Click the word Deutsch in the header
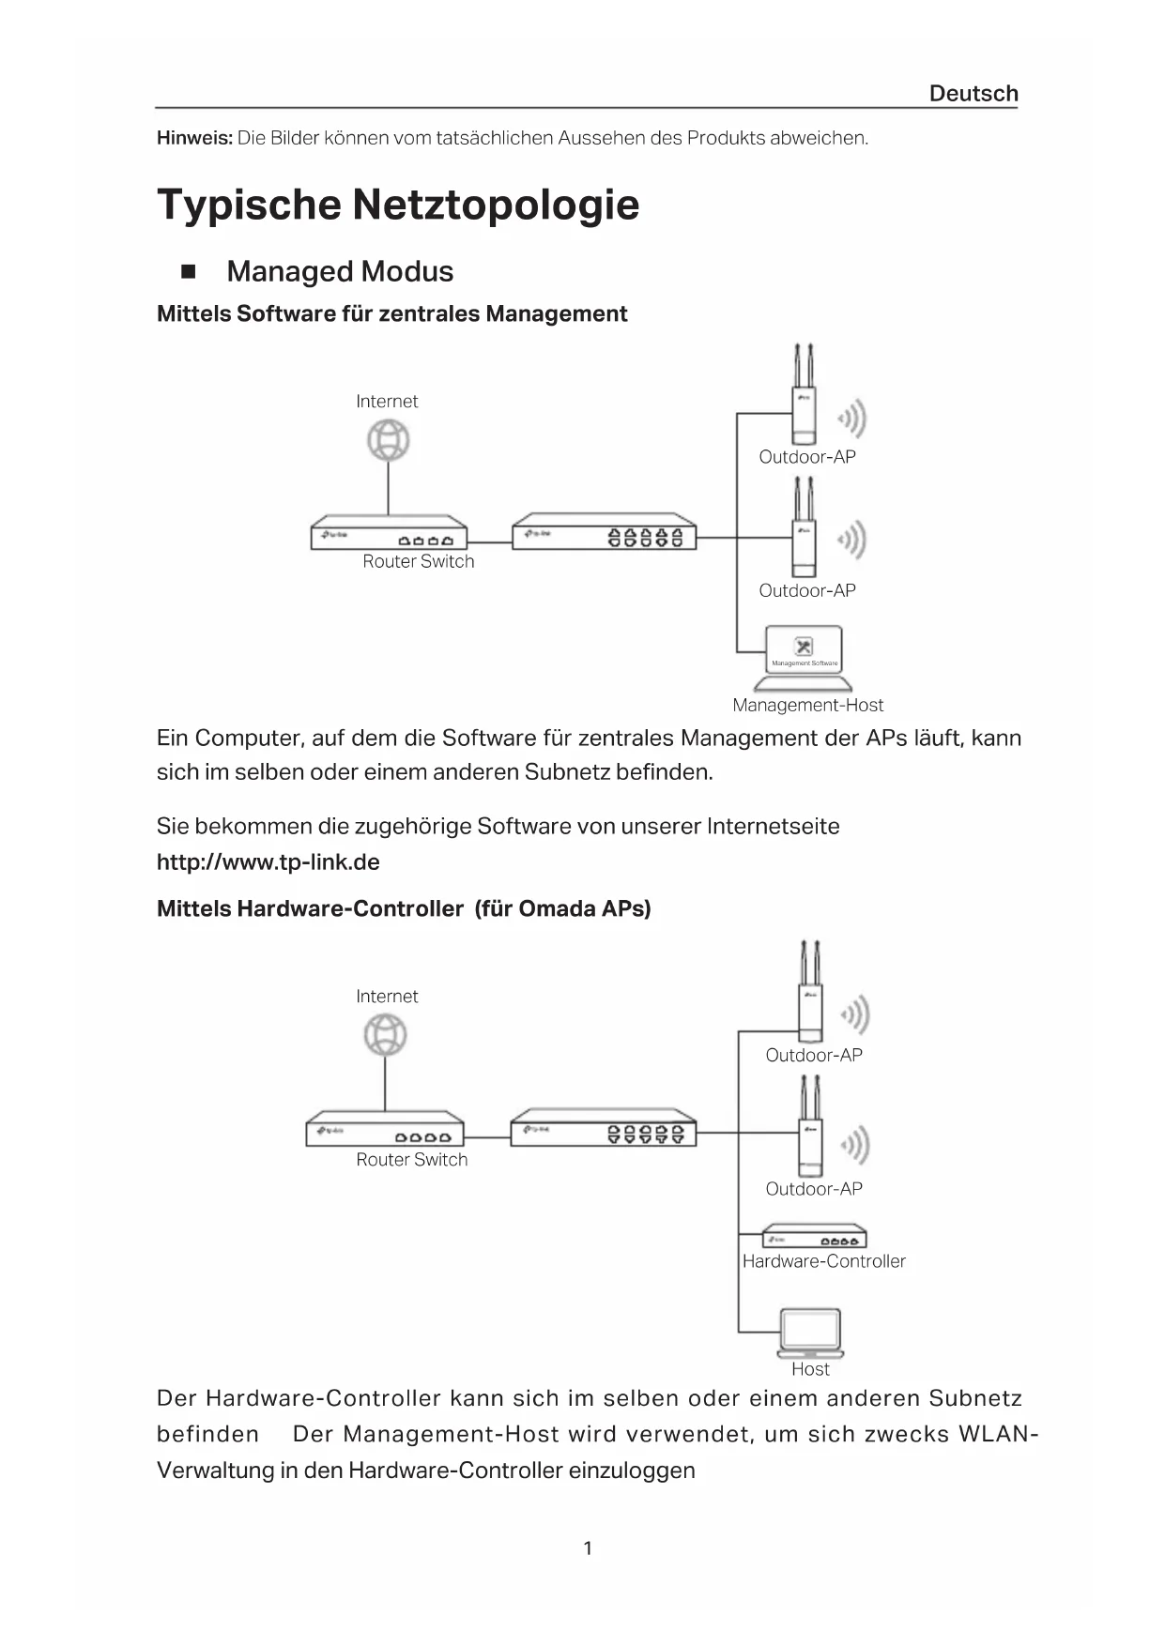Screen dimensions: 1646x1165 tap(973, 94)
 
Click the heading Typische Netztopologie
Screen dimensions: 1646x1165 tap(398, 205)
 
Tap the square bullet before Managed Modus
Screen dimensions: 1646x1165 tap(188, 272)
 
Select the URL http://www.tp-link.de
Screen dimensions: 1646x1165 tap(268, 862)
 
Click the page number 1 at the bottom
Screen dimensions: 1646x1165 tap(588, 1548)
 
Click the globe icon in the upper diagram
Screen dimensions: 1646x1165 tap(389, 440)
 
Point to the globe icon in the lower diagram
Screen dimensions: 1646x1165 tap(385, 1035)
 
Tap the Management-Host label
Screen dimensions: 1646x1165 tap(807, 705)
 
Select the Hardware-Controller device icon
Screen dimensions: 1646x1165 tap(814, 1236)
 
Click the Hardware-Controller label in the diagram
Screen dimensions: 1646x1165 tap(823, 1261)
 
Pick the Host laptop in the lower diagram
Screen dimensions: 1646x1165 tap(810, 1334)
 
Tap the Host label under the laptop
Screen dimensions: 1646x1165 tap(810, 1369)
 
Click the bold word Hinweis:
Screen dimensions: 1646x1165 tap(194, 138)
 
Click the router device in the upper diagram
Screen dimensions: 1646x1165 tap(389, 532)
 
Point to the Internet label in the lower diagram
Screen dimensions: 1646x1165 tap(387, 997)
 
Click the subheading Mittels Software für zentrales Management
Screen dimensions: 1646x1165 tap(391, 313)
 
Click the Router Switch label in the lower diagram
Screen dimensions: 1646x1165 tap(411, 1160)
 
